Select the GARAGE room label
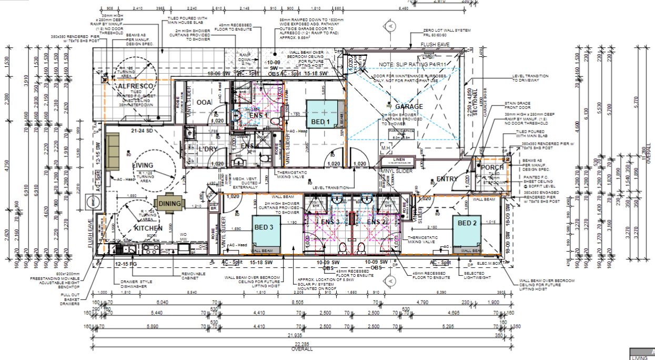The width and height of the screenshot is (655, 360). point(409,106)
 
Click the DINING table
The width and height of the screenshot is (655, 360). point(170,204)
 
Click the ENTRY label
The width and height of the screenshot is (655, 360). point(447,179)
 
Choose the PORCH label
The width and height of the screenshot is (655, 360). point(492,167)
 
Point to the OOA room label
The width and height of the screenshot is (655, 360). point(203,102)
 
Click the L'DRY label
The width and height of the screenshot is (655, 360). point(208,149)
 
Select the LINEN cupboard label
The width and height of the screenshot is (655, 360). point(398,160)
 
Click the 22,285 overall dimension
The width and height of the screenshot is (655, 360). point(303,344)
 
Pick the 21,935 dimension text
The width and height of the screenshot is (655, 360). point(299,335)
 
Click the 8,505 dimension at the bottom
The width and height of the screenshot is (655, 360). point(297,303)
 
